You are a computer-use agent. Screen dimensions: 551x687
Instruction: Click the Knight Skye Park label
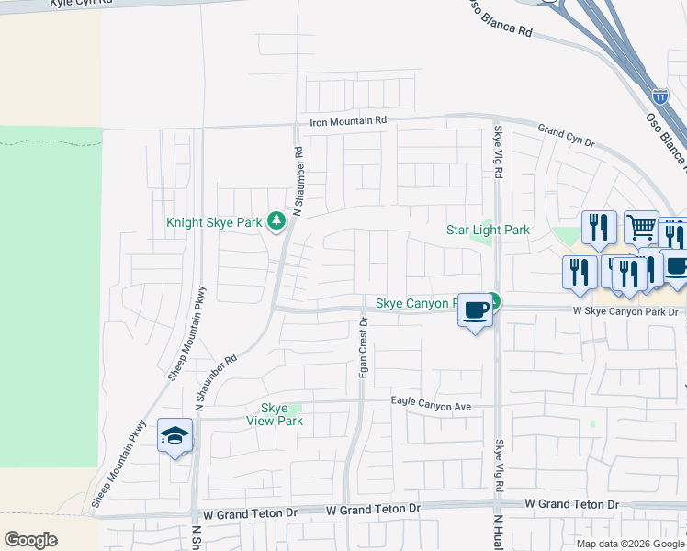coord(214,222)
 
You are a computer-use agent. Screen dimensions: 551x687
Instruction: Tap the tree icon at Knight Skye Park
coord(276,221)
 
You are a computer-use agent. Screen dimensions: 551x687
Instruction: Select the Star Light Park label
coord(488,230)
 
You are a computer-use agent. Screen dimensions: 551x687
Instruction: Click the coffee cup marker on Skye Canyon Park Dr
coord(475,310)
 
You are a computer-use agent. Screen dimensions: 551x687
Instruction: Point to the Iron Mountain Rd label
coord(348,121)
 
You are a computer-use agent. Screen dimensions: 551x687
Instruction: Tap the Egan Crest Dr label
coord(365,349)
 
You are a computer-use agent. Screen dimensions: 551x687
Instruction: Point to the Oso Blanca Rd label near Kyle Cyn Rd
coord(501,18)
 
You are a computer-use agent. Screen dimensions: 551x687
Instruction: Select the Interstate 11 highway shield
coord(660,96)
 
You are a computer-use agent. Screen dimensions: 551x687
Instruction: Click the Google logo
coord(30,540)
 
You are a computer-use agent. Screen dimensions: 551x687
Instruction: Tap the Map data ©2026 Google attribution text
coord(630,544)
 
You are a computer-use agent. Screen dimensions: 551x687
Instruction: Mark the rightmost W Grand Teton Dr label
coord(571,504)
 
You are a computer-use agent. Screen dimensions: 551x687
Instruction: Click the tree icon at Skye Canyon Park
coord(493,299)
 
